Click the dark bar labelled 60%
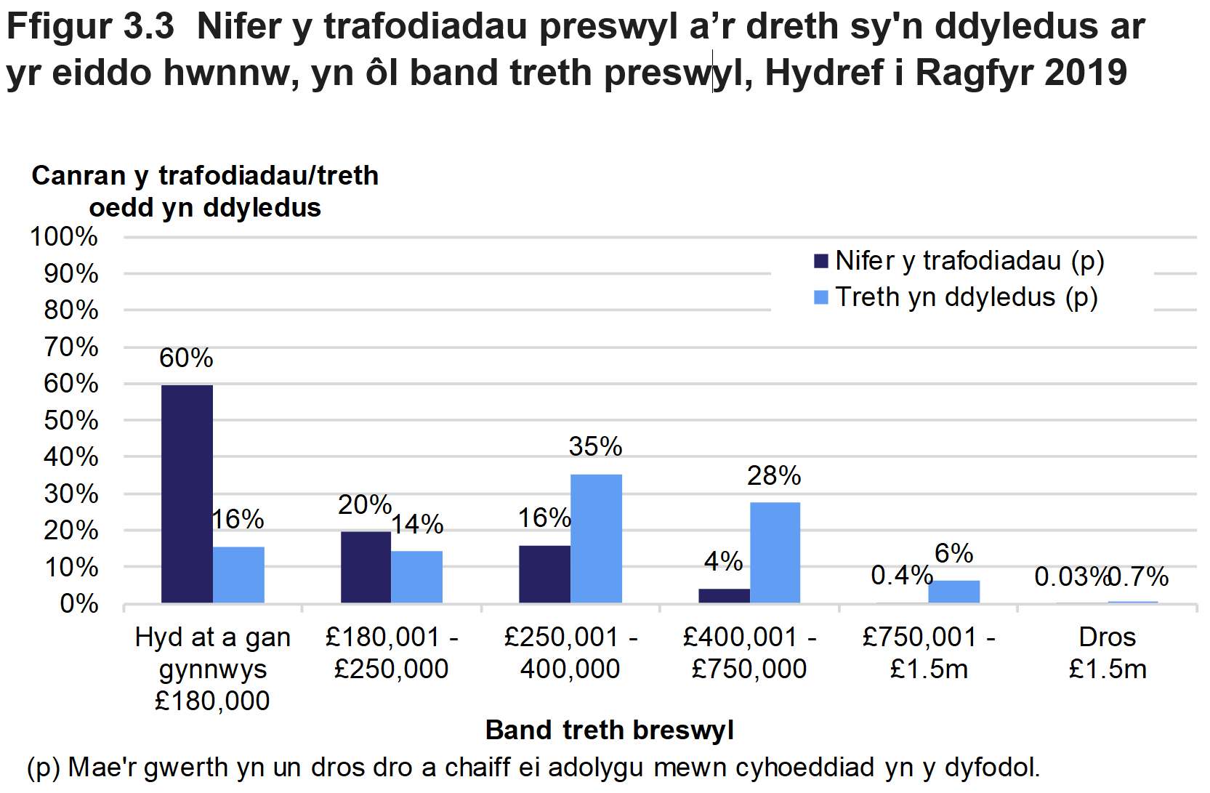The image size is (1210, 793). (x=187, y=494)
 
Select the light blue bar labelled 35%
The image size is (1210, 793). (x=596, y=539)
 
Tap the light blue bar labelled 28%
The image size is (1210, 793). (x=775, y=552)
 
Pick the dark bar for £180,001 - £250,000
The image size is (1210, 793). (x=366, y=567)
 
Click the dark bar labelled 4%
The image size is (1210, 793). (x=724, y=595)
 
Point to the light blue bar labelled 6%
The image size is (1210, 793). (x=953, y=591)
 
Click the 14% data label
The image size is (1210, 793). (x=417, y=524)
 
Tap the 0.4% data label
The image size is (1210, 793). (x=901, y=575)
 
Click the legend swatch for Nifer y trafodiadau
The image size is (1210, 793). (x=821, y=261)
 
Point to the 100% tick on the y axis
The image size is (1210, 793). (x=64, y=236)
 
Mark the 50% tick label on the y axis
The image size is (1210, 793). (x=70, y=420)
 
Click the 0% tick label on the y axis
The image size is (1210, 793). (x=78, y=603)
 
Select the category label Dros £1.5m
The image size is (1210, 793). (x=1107, y=653)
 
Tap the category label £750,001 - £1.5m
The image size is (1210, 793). (x=929, y=653)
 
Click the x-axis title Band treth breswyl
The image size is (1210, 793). (x=609, y=730)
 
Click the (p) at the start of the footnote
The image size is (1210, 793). (x=43, y=768)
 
